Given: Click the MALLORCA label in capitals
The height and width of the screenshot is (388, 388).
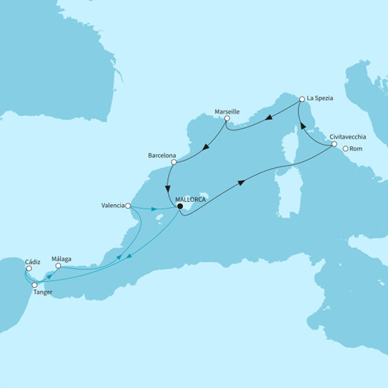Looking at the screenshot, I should (190, 201).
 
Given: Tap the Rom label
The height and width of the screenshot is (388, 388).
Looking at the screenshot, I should (359, 148).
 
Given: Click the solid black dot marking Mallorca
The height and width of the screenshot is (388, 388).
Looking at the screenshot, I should (179, 210).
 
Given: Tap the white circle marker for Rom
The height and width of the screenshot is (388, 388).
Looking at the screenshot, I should (346, 148).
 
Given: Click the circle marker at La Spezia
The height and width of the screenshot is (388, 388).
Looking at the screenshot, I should (301, 99).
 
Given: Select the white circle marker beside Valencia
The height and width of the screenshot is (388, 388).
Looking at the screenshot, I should (129, 205).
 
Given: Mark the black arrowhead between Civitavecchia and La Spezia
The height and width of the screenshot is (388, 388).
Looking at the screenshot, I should (305, 127).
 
